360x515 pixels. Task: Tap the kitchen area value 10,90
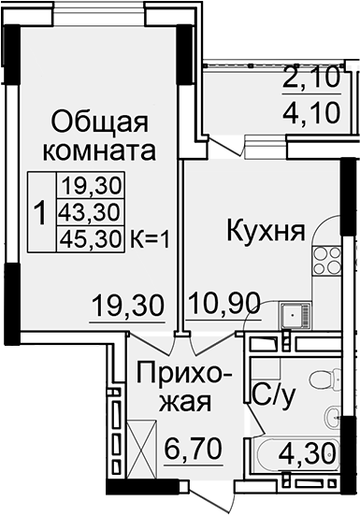pyautogui.click(x=223, y=304)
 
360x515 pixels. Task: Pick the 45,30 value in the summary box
pyautogui.click(x=91, y=237)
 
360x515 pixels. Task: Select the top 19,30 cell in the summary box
pyautogui.click(x=91, y=184)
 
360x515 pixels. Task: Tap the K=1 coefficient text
pyautogui.click(x=149, y=237)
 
